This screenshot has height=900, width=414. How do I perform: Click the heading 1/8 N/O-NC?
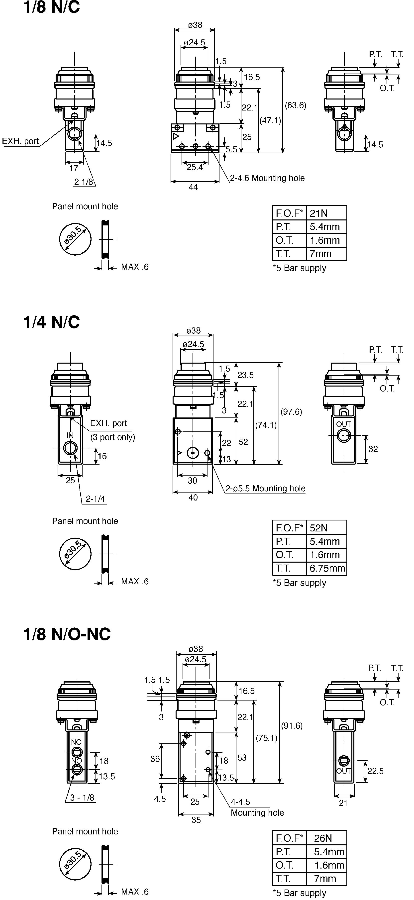pyautogui.click(x=67, y=634)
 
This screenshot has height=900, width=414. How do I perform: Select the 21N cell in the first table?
pyautogui.click(x=326, y=212)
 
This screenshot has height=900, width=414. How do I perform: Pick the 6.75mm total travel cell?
pyautogui.click(x=326, y=568)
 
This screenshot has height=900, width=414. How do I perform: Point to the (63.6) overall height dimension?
pyautogui.click(x=296, y=105)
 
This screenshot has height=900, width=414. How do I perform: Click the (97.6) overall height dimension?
pyautogui.click(x=291, y=411)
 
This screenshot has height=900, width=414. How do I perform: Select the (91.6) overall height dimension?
pyautogui.click(x=292, y=726)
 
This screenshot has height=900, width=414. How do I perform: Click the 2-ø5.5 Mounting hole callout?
pyautogui.click(x=265, y=489)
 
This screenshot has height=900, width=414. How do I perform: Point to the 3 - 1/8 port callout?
pyautogui.click(x=82, y=798)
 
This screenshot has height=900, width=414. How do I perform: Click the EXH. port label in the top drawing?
pyautogui.click(x=20, y=141)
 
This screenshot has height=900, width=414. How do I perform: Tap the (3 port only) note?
pyautogui.click(x=113, y=437)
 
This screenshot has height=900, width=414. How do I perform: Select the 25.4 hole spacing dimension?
pyautogui.click(x=195, y=167)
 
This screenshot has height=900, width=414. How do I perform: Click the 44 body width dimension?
pyautogui.click(x=193, y=187)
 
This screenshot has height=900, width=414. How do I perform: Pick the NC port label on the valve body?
pyautogui.click(x=76, y=742)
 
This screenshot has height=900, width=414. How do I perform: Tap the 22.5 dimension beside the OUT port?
pyautogui.click(x=375, y=771)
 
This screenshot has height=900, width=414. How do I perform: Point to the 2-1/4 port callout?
pyautogui.click(x=95, y=499)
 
